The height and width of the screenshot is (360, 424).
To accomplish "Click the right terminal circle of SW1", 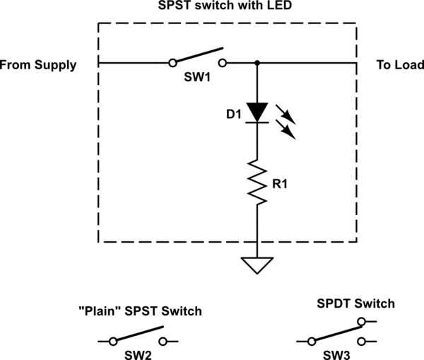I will point(223,63).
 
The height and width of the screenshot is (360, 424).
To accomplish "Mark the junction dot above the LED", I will point(257,63).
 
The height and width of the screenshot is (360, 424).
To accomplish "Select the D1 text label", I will point(234,112).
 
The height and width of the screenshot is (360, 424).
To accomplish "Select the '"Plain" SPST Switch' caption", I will point(140,310).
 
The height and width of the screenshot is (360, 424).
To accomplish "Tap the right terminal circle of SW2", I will point(165,342).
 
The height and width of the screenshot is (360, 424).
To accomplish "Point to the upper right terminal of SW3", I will point(363,322).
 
